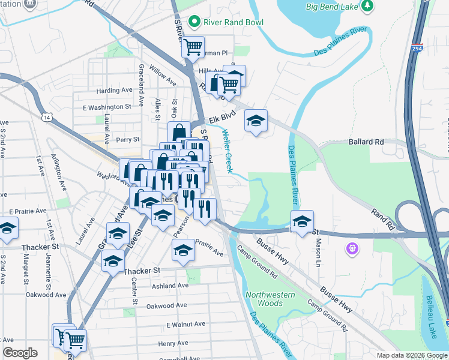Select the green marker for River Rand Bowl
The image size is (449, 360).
coord(194,23)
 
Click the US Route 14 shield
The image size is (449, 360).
coord(47,118)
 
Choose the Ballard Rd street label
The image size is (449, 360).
coord(366,142)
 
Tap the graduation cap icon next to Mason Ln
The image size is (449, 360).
coord(302,221)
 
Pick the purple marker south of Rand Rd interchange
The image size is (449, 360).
coord(352,248)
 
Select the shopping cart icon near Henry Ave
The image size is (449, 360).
coord(75,340)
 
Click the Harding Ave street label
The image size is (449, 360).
coord(114,91)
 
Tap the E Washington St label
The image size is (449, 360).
coord(107,107)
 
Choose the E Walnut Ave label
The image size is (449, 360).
coord(185,324)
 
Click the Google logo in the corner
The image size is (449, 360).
coord(20,353)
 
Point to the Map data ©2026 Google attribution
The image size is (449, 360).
coord(412,355)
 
